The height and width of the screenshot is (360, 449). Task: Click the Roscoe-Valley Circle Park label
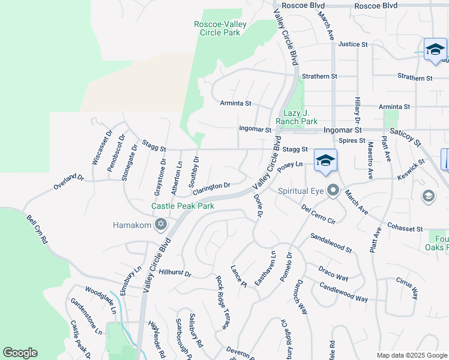217,28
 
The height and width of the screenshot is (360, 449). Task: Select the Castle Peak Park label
182,206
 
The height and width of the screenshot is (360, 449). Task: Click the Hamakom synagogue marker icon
160,225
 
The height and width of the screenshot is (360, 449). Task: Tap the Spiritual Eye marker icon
334,191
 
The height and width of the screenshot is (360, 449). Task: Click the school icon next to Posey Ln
325,160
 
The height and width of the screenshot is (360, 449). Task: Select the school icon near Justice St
435,49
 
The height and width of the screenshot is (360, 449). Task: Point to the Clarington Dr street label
211,187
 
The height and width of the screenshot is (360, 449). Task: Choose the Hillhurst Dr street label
175,273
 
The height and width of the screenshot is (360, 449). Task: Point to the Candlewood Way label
343,293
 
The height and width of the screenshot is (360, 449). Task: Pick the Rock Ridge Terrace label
223,302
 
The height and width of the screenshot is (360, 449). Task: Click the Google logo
20,353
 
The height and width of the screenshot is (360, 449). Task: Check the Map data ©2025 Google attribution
411,355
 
